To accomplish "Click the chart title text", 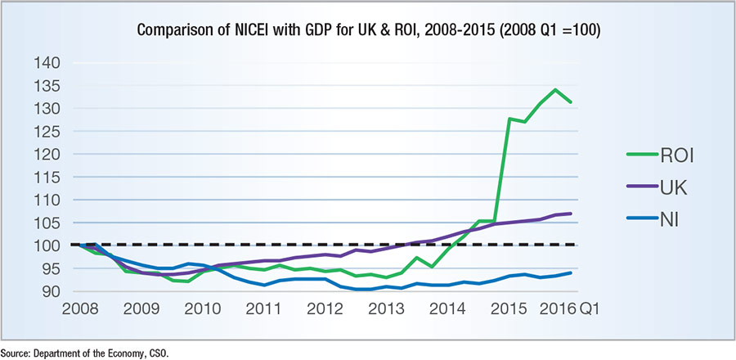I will coord(367,32).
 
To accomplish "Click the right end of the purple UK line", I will coord(571,214).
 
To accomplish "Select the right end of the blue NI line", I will coord(571,273).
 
